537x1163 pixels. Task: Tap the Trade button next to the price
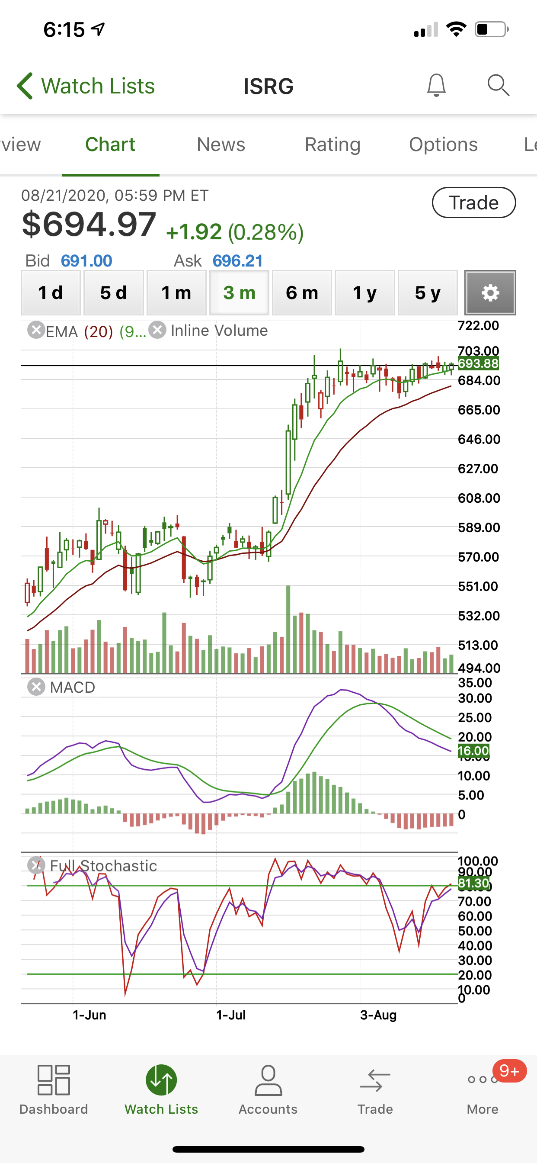click(473, 203)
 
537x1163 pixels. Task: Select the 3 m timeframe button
click(239, 292)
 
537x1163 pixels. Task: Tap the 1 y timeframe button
click(364, 292)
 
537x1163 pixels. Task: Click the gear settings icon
click(490, 292)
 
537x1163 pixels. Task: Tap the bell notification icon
click(436, 85)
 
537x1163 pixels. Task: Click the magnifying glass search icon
click(498, 85)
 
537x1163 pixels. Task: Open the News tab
click(221, 145)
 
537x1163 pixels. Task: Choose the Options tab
click(443, 145)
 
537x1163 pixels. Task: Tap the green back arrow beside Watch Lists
click(25, 85)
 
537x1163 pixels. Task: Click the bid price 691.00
click(86, 260)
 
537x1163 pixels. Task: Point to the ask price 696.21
click(238, 260)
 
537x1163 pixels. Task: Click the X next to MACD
click(36, 687)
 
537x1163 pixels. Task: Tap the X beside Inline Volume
click(157, 330)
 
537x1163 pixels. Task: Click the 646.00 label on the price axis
click(479, 439)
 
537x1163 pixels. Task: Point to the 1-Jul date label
click(230, 1015)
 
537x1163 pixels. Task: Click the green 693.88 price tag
click(478, 363)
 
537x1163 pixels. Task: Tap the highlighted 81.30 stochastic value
click(473, 883)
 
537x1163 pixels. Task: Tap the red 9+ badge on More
click(509, 1070)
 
